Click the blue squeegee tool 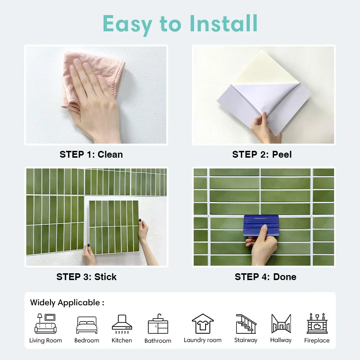coord(261,225)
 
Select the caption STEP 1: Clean coord(91,154)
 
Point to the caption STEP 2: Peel coord(262,154)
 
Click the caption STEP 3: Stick coord(86,277)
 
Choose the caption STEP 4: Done coord(265,277)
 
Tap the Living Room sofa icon coord(45,324)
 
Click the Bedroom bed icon coord(87,325)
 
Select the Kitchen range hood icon coord(122,324)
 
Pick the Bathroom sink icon coord(158,324)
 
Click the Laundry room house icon coord(203,324)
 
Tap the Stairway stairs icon coord(246,324)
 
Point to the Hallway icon coord(281,324)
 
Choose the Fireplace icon coord(317,323)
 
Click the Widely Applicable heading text coord(67,303)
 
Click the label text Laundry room coord(203,340)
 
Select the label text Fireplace coord(317,340)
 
